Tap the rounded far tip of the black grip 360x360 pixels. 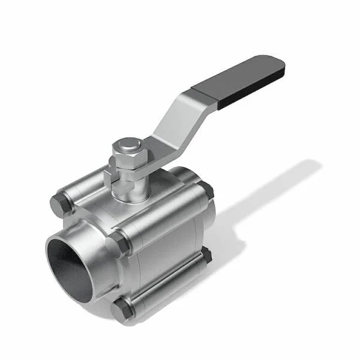277,65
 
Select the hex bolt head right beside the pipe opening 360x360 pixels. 118,243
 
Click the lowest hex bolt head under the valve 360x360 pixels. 124,308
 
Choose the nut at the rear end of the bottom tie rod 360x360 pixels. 206,255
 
